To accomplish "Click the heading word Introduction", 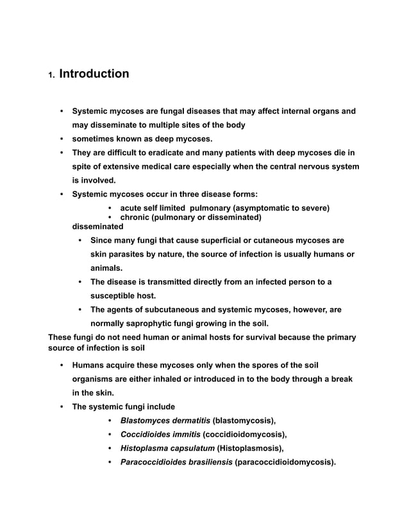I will tap(94, 74).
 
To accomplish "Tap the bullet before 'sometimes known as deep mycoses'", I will tap(62, 139).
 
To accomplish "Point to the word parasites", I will tap(126, 254).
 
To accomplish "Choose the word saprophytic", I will tap(153, 323).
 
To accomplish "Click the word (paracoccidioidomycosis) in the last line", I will tap(285, 462).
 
